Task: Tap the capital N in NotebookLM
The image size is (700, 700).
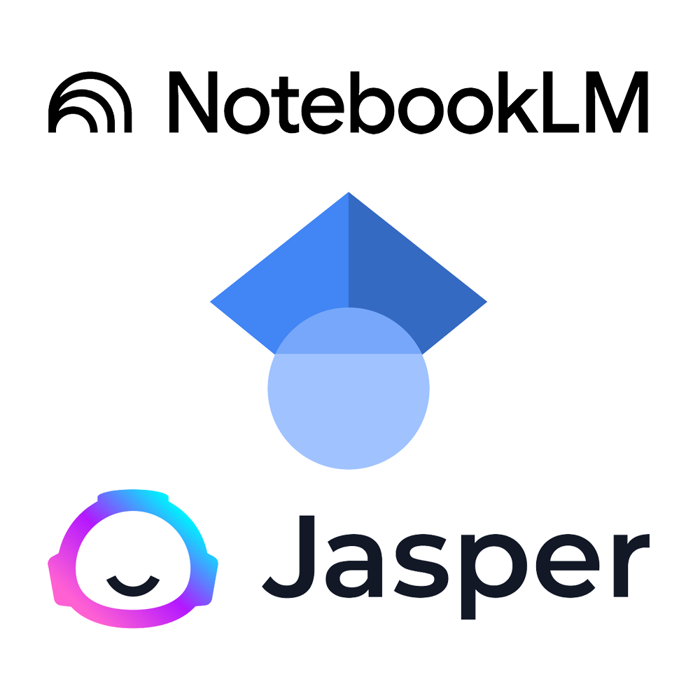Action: coord(193,101)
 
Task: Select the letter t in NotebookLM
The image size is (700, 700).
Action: coord(286,105)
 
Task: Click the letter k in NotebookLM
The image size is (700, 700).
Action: coord(518,102)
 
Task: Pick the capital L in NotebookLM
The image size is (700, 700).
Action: coord(561,102)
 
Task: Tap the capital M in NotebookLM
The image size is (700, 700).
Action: coord(617,102)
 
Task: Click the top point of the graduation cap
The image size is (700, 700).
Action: coord(349,192)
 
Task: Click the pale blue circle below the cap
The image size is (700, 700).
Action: coord(349,402)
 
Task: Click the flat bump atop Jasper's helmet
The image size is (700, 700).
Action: coord(133,495)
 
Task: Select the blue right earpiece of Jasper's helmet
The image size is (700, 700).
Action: coord(210,580)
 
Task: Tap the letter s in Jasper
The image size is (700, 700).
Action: coord(421,566)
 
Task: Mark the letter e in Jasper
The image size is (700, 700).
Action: coord(568,566)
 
